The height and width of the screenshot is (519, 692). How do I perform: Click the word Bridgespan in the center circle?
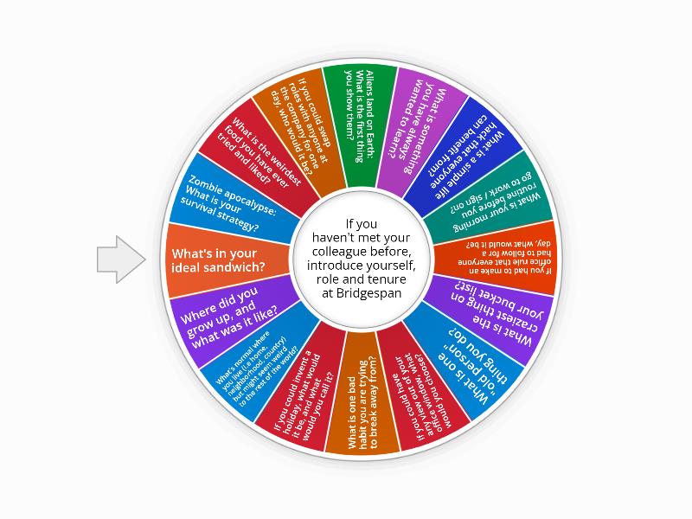[x=361, y=293]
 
